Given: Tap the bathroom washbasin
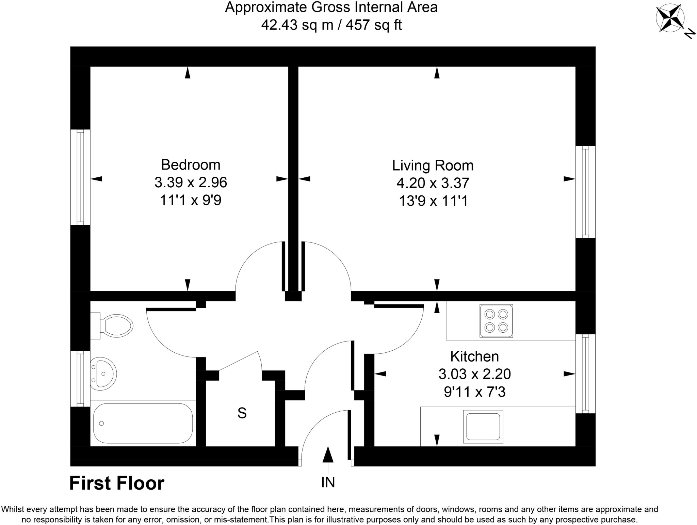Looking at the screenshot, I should [x=104, y=373].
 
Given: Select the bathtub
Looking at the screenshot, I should [x=143, y=423].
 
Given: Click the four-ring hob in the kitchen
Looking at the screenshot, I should [x=496, y=321].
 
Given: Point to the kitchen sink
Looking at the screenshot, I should [x=483, y=426].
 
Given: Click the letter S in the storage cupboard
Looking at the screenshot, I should [x=242, y=413].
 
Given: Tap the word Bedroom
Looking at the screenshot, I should [x=191, y=165].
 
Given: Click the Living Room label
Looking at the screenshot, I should [x=433, y=165].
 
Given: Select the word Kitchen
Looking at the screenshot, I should [x=474, y=356].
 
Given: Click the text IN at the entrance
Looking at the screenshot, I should [x=328, y=482].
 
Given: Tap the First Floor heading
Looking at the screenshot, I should [x=117, y=483].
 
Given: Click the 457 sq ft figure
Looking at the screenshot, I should [x=374, y=25].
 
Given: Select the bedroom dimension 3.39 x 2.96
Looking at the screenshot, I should [x=191, y=182].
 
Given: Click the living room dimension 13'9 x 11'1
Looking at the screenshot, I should [x=433, y=201].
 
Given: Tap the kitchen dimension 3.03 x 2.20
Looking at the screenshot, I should [x=474, y=374].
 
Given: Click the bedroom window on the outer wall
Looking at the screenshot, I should [x=80, y=177].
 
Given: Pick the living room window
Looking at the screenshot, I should [x=585, y=192].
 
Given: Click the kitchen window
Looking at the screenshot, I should [x=585, y=373].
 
